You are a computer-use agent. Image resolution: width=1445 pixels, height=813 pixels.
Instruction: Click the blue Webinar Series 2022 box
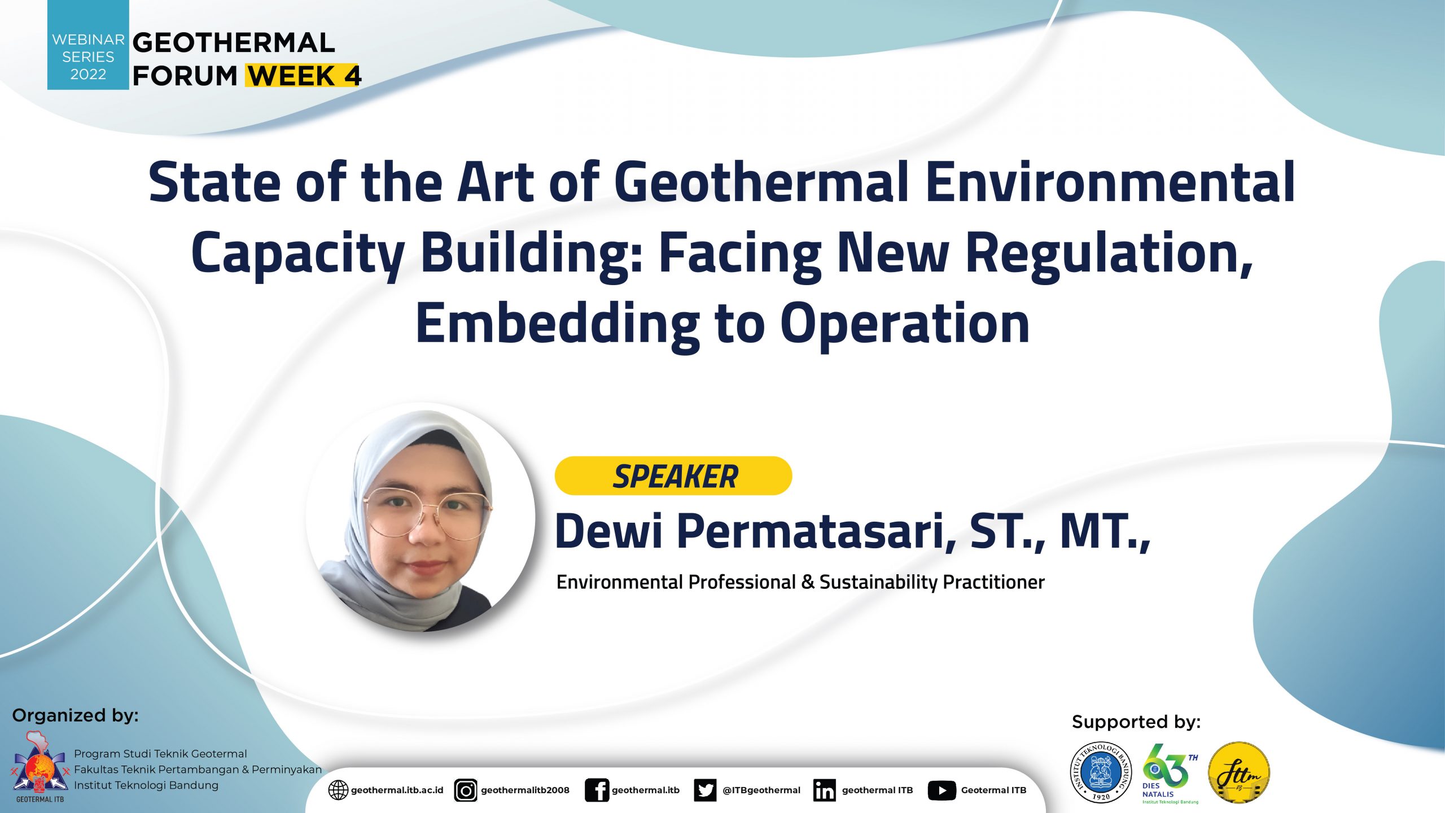click(88, 45)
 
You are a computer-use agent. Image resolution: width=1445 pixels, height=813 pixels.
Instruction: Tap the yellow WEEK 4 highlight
click(303, 75)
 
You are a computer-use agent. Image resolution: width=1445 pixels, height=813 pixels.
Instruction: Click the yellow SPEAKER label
click(673, 476)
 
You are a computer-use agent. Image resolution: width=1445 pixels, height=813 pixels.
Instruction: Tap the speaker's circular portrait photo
click(421, 517)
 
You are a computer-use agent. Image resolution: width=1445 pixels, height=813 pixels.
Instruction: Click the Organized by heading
click(75, 716)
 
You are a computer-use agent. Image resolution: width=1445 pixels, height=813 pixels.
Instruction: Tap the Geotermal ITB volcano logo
click(40, 766)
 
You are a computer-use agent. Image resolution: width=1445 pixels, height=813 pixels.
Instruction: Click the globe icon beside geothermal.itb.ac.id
click(338, 790)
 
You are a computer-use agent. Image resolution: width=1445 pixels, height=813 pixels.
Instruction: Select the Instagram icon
click(466, 790)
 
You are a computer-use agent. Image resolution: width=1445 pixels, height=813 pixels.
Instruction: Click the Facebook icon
click(597, 790)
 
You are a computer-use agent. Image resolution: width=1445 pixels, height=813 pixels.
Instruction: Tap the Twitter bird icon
click(705, 790)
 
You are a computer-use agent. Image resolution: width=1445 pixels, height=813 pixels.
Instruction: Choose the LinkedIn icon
click(825, 790)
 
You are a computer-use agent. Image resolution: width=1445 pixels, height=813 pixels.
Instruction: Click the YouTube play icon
click(942, 790)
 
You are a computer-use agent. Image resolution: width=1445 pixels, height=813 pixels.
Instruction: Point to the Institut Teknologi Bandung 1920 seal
click(1101, 772)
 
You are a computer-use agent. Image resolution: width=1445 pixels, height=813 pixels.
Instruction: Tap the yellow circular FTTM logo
click(1239, 772)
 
